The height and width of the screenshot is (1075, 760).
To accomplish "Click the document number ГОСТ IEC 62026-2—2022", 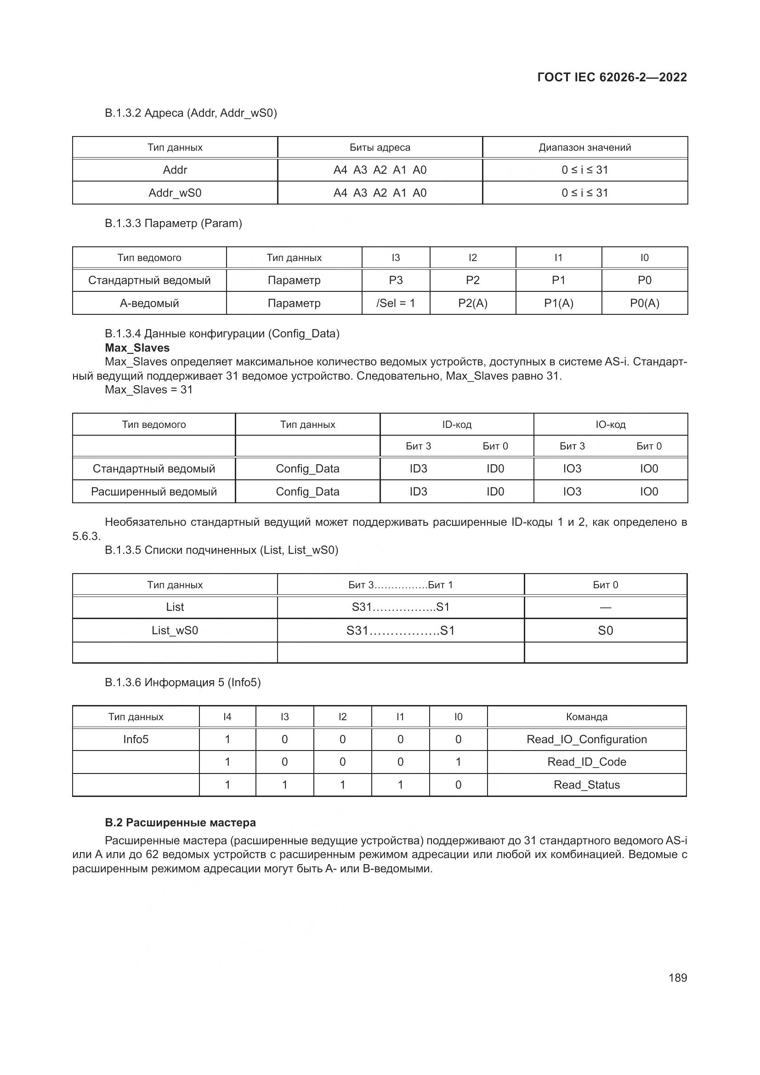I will point(612,77).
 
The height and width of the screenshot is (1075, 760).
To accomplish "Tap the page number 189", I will point(677,978).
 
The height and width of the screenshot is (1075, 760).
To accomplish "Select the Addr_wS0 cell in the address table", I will point(175,193).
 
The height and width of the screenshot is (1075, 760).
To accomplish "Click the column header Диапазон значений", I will point(584,148).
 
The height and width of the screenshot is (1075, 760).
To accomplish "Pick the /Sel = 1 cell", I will point(396,303).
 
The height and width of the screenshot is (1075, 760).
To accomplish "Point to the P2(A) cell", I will point(473,303).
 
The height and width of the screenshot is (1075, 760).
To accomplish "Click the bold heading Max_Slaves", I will point(137,348).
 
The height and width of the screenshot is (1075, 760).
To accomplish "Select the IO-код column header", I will point(610,425).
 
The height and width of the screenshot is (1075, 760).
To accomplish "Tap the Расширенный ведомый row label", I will point(153,492).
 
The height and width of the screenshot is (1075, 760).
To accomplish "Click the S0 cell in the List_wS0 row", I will point(605,631).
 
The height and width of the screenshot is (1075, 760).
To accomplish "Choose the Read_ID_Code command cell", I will point(586,762).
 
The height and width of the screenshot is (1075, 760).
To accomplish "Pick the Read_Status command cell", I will point(586,785).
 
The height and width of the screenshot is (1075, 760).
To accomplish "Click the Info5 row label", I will point(136,739).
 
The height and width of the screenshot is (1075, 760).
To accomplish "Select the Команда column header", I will point(586,717).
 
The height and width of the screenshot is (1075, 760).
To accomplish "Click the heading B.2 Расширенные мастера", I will point(180,823).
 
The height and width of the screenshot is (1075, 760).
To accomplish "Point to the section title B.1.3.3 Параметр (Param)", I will point(173,223).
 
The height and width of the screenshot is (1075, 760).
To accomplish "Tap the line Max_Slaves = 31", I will point(148,390).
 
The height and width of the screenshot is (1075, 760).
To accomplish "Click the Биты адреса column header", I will point(380,148).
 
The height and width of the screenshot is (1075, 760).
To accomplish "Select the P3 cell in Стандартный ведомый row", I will point(396,280).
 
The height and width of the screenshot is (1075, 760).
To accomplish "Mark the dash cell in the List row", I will point(605,608).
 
